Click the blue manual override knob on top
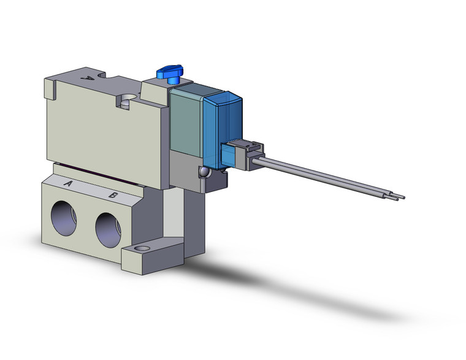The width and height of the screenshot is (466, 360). point(167,75)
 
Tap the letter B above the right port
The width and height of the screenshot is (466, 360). point(113,195)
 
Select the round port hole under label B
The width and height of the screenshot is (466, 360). point(109,229)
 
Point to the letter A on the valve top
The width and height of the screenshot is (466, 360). point(87,79)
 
